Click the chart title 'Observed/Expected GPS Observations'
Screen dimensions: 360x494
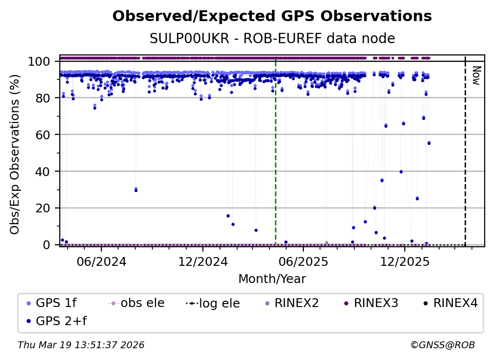point(272,17)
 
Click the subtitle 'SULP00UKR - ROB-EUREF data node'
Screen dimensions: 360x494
point(272,39)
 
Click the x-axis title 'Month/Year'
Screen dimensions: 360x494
point(272,279)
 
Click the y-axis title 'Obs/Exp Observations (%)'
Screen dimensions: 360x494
point(15,154)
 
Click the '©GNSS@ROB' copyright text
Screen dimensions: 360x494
point(442,345)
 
